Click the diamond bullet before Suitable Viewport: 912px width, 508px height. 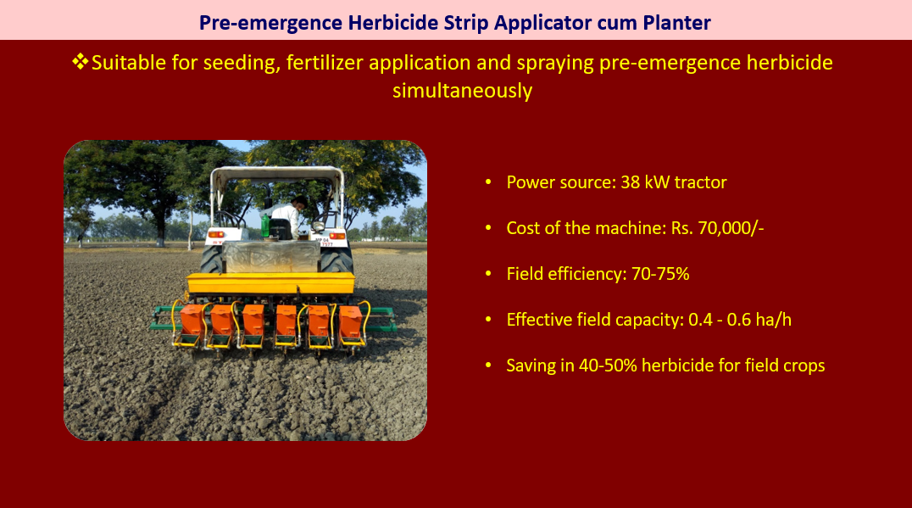click(x=81, y=61)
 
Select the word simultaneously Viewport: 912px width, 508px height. click(x=463, y=91)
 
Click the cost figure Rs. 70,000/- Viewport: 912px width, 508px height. click(x=717, y=227)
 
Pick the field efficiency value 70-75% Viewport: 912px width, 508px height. click(x=660, y=273)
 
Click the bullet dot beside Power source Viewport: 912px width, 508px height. click(x=488, y=182)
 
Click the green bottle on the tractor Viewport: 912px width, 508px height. click(x=265, y=226)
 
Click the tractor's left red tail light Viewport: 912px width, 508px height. click(x=216, y=235)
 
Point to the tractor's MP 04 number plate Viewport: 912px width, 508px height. click(x=324, y=242)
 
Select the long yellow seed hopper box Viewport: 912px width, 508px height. click(x=270, y=282)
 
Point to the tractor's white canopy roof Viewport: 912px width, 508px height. click(x=277, y=174)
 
